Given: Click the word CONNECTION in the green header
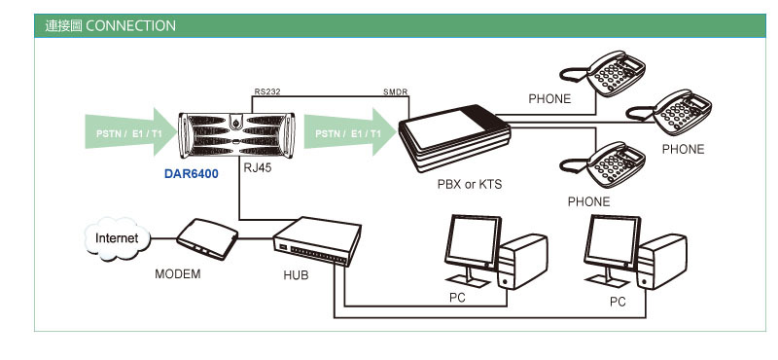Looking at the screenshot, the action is tap(130, 26).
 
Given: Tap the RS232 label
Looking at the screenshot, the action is tap(268, 91).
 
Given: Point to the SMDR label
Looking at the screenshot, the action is tap(396, 91).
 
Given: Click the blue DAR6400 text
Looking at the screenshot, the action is tap(191, 174).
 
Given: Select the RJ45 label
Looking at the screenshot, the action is tap(258, 167).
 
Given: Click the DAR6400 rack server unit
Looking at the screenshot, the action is tap(236, 134).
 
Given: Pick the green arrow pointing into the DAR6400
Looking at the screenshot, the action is tap(130, 132).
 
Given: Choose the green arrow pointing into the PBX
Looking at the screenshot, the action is tap(350, 132).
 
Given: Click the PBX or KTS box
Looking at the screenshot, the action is tap(455, 137).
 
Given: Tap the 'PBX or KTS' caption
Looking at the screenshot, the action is tap(470, 184).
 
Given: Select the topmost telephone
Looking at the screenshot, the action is tap(602, 73).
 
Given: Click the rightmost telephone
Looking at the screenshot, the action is tap(669, 112).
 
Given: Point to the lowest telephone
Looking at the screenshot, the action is tap(602, 164).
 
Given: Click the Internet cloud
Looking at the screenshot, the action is tap(117, 238).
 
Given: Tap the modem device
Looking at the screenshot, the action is tap(207, 238).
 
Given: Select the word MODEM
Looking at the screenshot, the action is tap(178, 273).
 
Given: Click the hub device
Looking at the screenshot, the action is tap(317, 241).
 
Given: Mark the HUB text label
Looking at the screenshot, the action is tap(297, 275).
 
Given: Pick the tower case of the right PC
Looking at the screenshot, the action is tap(661, 262).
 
